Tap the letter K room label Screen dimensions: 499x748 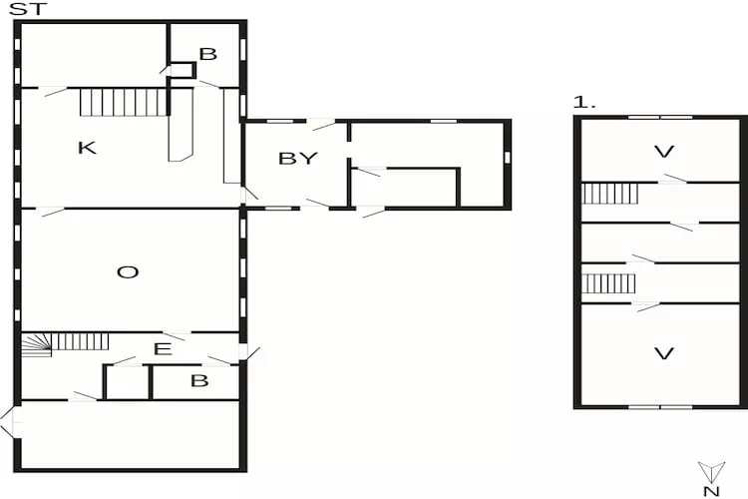pyautogui.click(x=87, y=148)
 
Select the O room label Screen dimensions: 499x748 pyautogui.click(x=128, y=270)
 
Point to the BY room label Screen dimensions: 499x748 pyautogui.click(x=297, y=158)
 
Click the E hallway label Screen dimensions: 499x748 pyautogui.click(x=162, y=348)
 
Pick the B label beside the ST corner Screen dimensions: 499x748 pyautogui.click(x=207, y=54)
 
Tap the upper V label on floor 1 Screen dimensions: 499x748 pyautogui.click(x=663, y=152)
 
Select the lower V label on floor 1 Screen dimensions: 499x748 pyautogui.click(x=663, y=352)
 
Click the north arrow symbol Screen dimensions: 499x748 pyautogui.click(x=710, y=472)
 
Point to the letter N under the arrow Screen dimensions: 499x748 pyautogui.click(x=710, y=491)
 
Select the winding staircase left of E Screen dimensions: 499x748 pyautogui.click(x=38, y=344)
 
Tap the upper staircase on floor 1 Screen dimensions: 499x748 pyautogui.click(x=609, y=193)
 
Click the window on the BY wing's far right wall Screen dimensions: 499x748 pyautogui.click(x=508, y=158)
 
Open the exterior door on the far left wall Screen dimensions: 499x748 pyautogui.click(x=10, y=422)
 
